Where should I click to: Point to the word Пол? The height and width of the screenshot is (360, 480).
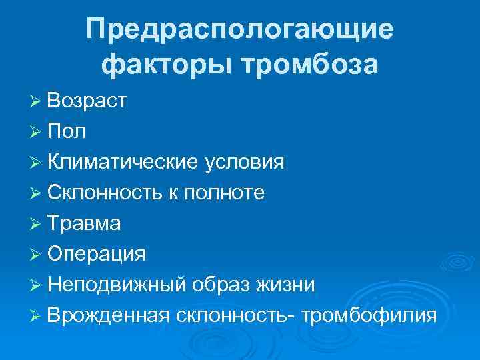tap(67, 131)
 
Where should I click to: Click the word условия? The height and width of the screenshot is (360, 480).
tap(243, 162)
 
